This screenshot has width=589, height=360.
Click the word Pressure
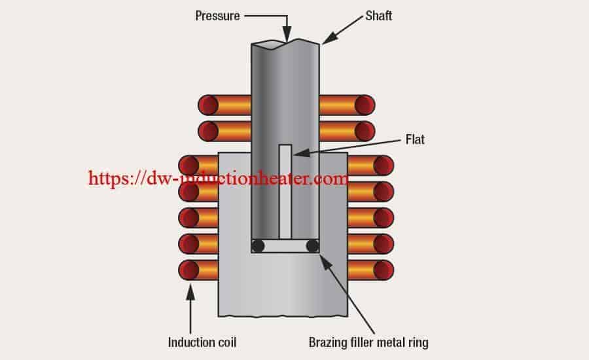pos(217,16)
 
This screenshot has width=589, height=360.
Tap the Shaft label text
pos(379,16)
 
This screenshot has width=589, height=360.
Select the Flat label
pos(415,139)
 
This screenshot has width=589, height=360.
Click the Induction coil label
pos(202,342)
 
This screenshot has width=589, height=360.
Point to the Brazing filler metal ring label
pos(368,342)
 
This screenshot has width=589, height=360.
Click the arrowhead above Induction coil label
pos(190,292)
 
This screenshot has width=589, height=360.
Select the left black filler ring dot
pos(258,246)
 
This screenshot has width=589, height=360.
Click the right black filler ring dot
pos(313,246)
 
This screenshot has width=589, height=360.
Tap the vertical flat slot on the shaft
pos(285,192)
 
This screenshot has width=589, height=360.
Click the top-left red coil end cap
pos(208,105)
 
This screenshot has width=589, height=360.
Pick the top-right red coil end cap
pos(365,105)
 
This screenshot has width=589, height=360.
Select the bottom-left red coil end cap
pos(188,270)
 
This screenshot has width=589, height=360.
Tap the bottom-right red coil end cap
pos(384,270)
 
